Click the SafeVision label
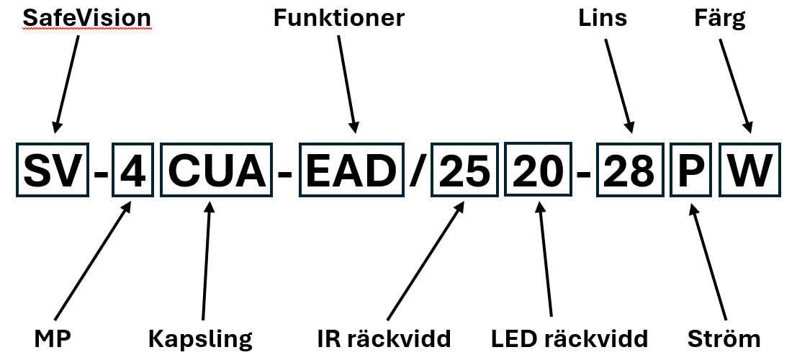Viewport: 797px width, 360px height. tap(88, 17)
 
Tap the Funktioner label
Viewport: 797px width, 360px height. tap(338, 17)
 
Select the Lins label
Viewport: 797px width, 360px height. tap(603, 17)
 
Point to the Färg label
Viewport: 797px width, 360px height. tap(720, 19)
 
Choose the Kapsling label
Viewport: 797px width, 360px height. tap(200, 338)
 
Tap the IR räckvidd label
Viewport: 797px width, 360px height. tap(384, 338)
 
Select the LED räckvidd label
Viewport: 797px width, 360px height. tap(569, 338)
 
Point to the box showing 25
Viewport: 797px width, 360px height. tap(464, 172)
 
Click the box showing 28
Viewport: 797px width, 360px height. tap(629, 172)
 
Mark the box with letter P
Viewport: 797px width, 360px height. tap(690, 172)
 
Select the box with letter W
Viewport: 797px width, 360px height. tap(749, 172)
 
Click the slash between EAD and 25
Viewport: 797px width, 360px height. tap(417, 173)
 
